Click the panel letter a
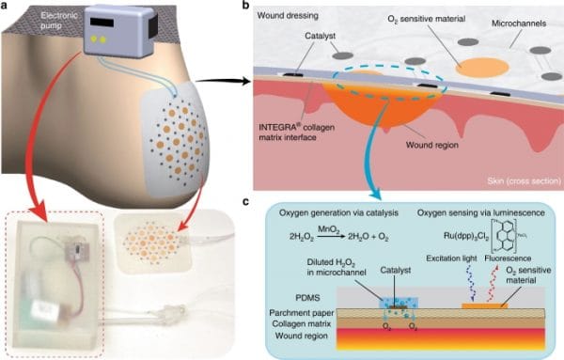click(7, 8)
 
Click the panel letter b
click(246, 8)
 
